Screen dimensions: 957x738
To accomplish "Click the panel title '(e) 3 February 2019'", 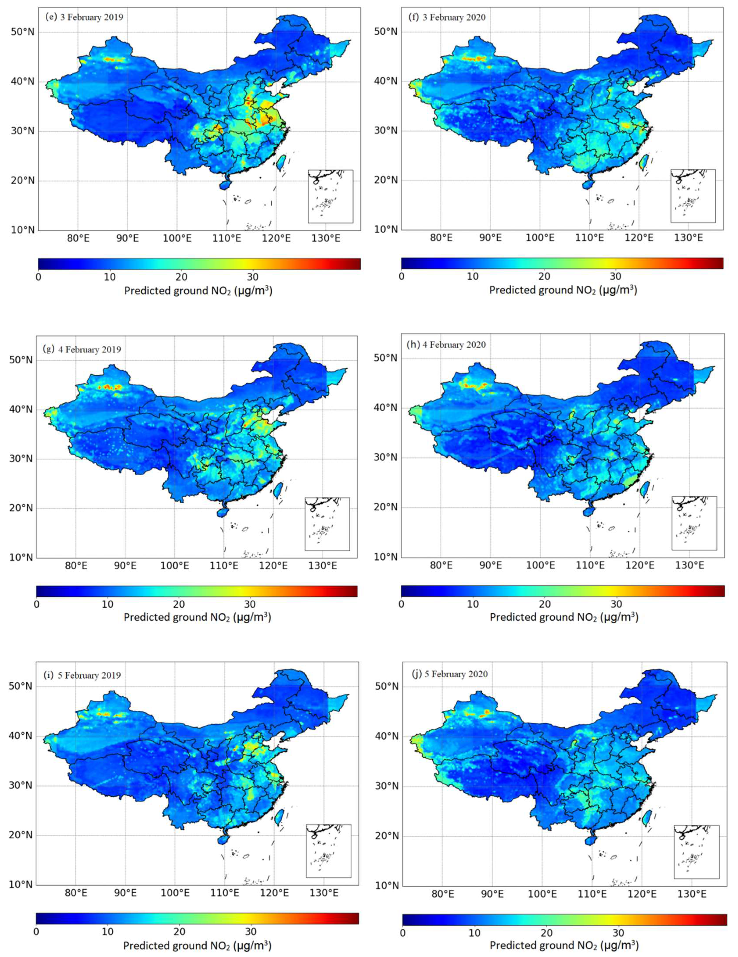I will tap(84, 18).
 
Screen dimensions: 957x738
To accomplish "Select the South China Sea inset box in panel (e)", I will tap(330, 196).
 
